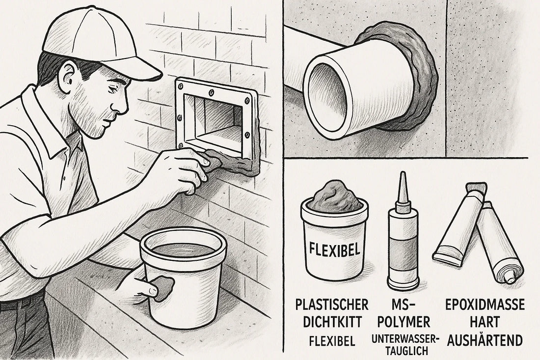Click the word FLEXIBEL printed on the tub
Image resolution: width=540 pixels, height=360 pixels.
(x=334, y=248)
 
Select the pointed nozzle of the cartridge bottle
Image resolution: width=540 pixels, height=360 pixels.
(x=403, y=188)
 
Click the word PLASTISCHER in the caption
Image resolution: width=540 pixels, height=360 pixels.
(x=332, y=305)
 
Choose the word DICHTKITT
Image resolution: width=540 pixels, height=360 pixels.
(x=332, y=322)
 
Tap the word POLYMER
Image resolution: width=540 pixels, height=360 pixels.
(x=404, y=322)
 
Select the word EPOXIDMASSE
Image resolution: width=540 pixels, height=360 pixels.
(x=485, y=305)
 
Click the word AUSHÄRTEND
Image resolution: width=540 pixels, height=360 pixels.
(x=485, y=340)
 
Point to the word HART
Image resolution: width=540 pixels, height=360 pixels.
(x=485, y=322)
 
